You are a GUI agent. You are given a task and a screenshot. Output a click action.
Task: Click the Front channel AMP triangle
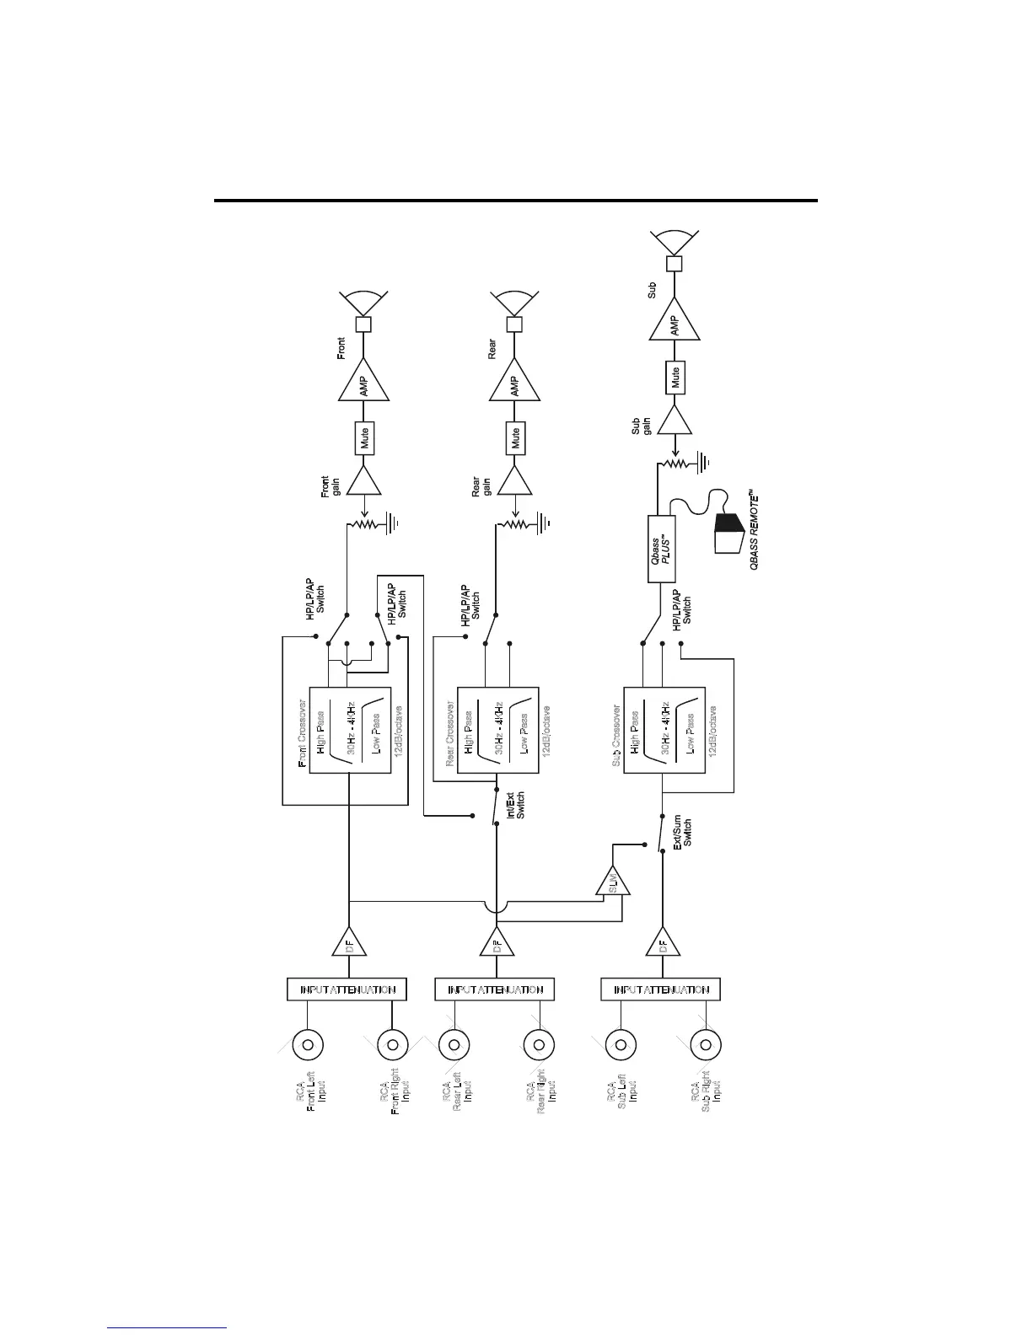click(363, 386)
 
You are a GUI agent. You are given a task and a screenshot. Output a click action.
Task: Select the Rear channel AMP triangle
click(514, 386)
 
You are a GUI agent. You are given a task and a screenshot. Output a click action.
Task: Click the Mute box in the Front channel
click(363, 438)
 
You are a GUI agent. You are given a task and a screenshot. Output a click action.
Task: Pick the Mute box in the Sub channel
click(675, 378)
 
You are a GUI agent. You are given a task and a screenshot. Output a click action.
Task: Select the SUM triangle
click(613, 883)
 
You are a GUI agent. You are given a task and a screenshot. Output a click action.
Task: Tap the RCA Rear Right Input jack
click(538, 1046)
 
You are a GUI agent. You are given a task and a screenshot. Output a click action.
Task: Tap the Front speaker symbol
click(363, 310)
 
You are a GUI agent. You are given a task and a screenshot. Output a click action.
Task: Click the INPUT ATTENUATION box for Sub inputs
click(661, 989)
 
